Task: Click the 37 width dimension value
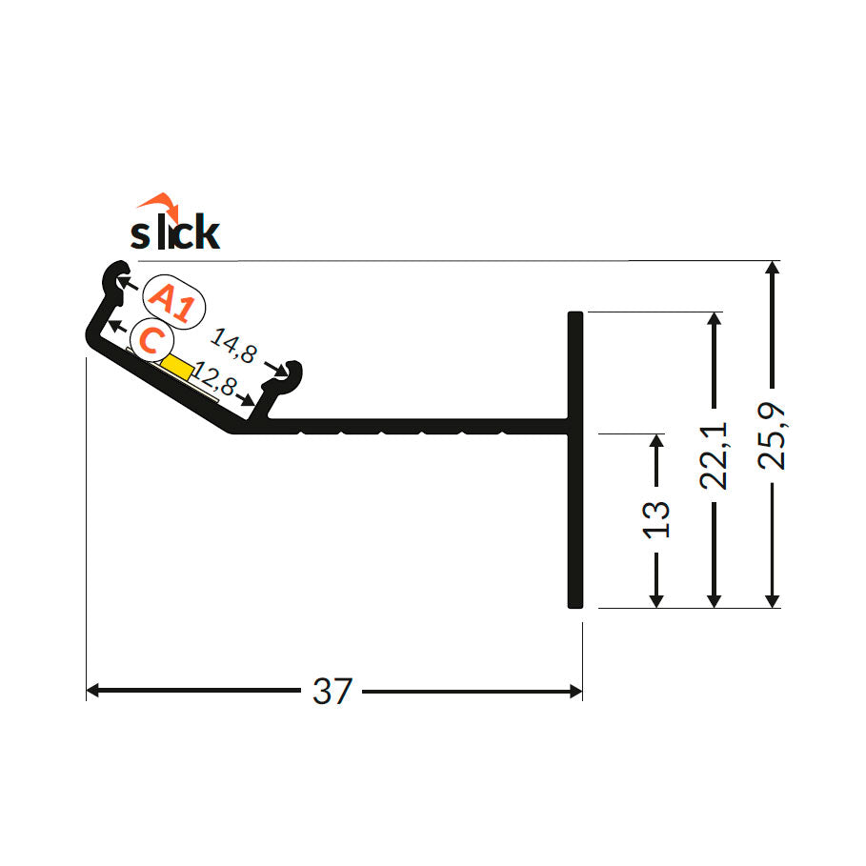(332, 691)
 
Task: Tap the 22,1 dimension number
(715, 455)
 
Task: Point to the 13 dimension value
(656, 518)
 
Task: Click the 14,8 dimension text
(233, 345)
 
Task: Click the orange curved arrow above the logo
(157, 203)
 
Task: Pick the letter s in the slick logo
(140, 234)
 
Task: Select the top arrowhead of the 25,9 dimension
(773, 268)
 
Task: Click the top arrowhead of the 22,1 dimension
(715, 319)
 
